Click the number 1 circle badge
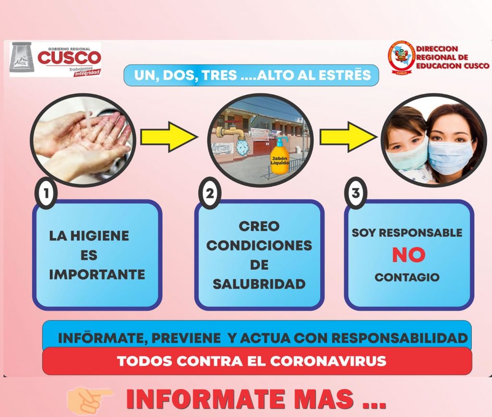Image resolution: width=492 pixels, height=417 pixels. click(46, 193)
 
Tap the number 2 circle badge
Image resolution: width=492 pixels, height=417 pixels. click(210, 193)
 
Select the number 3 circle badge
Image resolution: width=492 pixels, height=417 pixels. click(356, 193)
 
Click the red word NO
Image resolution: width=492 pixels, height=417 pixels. click(408, 254)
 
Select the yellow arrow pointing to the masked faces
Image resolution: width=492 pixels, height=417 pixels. click(349, 137)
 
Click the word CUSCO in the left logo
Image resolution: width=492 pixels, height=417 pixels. click(69, 58)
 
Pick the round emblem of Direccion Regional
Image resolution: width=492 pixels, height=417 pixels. click(401, 58)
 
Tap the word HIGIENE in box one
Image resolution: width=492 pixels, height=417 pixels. click(99, 236)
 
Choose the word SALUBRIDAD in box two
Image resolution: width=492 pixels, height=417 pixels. click(259, 284)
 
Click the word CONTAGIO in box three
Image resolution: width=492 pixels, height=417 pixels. click(407, 277)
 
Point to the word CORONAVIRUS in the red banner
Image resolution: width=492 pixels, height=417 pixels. click(328, 361)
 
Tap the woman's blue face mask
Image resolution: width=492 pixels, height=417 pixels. click(450, 157)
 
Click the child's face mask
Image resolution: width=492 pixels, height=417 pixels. click(407, 153)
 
